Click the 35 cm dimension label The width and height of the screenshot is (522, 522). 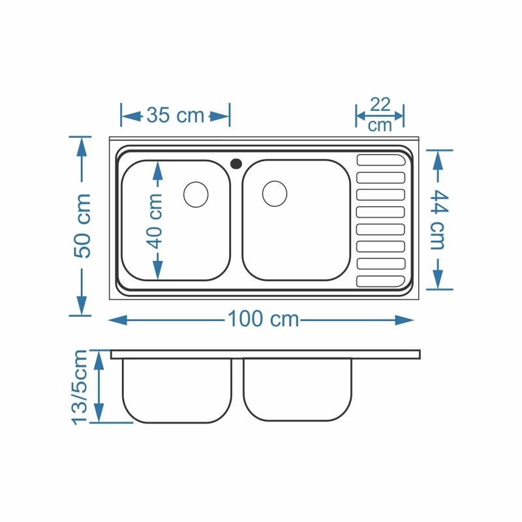pyautogui.click(x=175, y=115)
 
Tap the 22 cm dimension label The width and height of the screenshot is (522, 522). pyautogui.click(x=380, y=115)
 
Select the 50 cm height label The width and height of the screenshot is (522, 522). pyautogui.click(x=82, y=225)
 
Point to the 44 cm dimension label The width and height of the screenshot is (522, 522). pyautogui.click(x=439, y=220)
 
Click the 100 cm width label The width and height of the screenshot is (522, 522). pyautogui.click(x=264, y=319)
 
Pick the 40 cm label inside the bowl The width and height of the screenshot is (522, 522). pyautogui.click(x=155, y=221)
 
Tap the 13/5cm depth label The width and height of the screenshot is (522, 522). pyautogui.click(x=80, y=387)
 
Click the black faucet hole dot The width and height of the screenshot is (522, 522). pyautogui.click(x=236, y=164)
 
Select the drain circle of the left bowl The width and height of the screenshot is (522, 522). pyautogui.click(x=196, y=194)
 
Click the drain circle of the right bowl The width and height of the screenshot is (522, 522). pyautogui.click(x=275, y=193)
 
